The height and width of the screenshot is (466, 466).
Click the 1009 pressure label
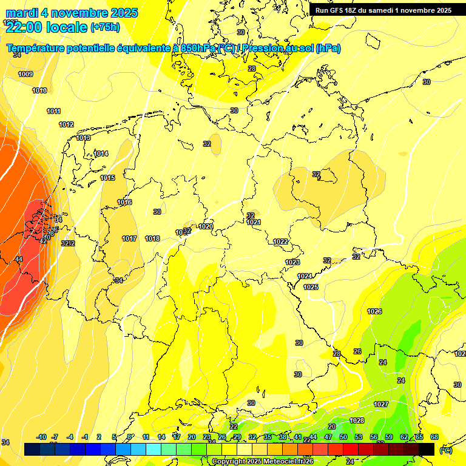click(25, 74)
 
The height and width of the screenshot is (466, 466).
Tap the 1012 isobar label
click(66, 124)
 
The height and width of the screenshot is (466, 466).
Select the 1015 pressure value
click(107, 178)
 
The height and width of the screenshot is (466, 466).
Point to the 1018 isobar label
click(152, 238)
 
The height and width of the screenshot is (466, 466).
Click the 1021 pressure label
click(254, 223)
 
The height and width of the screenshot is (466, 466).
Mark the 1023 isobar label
click(292, 262)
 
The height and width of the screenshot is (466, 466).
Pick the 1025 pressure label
click(311, 287)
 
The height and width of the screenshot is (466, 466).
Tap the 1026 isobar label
click(374, 311)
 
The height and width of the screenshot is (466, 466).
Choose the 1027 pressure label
click(381, 404)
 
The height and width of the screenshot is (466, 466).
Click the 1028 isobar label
click(357, 420)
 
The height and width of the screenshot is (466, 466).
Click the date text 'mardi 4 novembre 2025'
click(72, 13)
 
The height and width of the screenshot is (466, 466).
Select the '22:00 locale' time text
click(46, 27)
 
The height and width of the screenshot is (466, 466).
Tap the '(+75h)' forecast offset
click(105, 27)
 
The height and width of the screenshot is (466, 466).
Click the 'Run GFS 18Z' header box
click(383, 10)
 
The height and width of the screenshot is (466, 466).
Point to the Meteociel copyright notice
click(263, 462)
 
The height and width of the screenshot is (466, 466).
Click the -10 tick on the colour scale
click(41, 437)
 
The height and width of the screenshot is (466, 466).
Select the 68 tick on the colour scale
click(434, 437)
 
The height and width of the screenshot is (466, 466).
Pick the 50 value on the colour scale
click(343, 437)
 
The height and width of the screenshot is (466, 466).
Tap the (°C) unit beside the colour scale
click(446, 450)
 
